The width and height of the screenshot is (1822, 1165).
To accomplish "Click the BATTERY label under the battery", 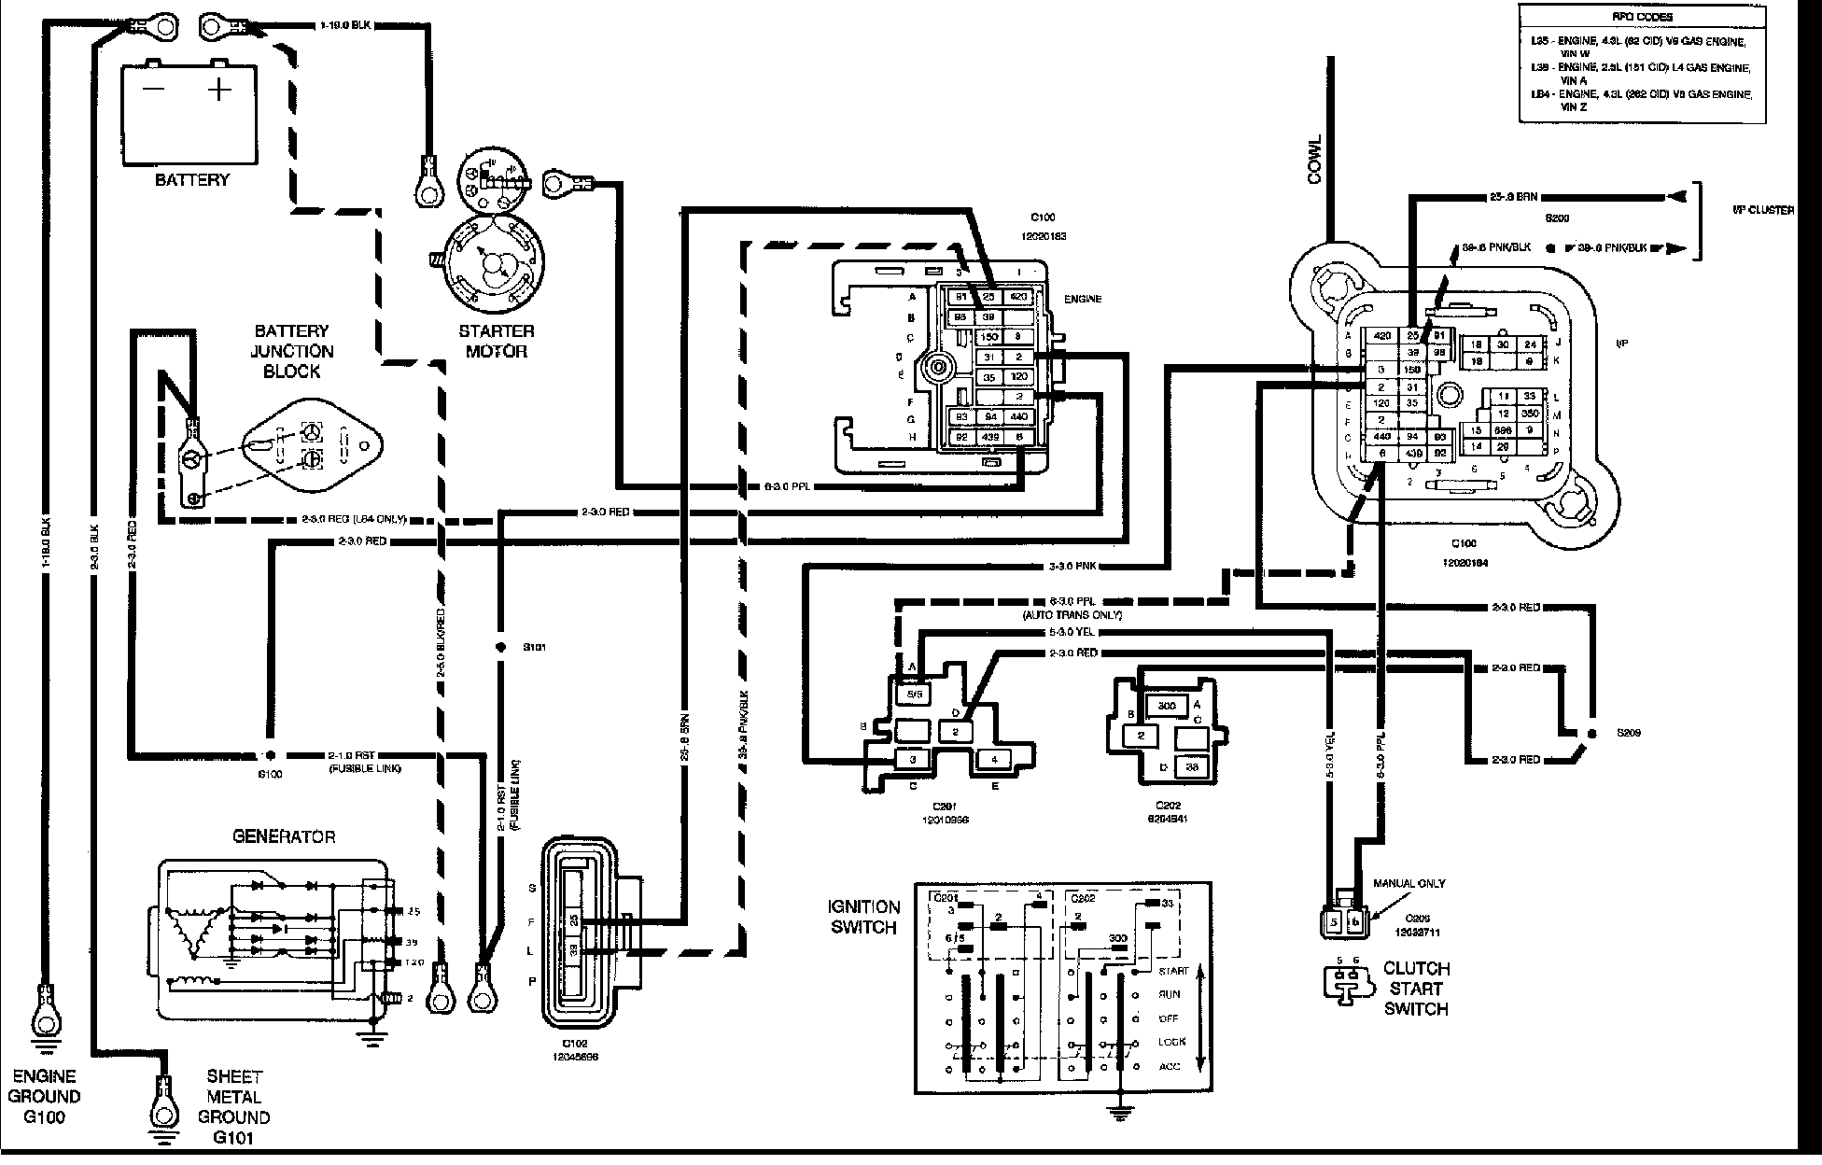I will (x=191, y=179).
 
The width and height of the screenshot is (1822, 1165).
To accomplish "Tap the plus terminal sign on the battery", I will (x=219, y=90).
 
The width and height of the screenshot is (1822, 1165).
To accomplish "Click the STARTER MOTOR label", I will (x=496, y=341).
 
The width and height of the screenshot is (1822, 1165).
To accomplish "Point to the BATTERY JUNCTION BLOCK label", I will (x=293, y=351).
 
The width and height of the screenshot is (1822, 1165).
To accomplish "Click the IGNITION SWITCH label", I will (x=864, y=917).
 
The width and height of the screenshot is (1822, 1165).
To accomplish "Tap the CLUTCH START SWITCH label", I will (x=1416, y=989).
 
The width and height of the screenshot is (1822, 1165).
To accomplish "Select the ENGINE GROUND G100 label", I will (x=44, y=1097).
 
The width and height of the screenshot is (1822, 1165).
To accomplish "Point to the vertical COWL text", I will (x=1315, y=160).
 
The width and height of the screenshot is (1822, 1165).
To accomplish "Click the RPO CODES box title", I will (x=1654, y=17).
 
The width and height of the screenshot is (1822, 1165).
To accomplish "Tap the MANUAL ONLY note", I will (x=1409, y=883).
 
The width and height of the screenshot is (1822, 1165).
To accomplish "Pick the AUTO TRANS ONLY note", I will (x=1071, y=615).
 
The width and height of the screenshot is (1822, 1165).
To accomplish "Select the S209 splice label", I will (x=1629, y=733).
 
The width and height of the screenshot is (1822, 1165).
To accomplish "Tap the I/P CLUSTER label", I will (x=1762, y=210).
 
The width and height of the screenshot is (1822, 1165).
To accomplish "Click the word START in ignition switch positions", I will (x=1172, y=972).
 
